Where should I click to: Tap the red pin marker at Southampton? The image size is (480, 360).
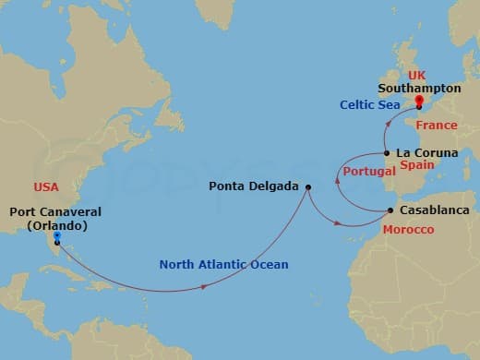(419, 101)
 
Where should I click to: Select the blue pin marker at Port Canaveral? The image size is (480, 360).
(56, 236)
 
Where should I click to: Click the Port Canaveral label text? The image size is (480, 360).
(54, 211)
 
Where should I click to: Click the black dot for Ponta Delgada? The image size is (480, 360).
(308, 187)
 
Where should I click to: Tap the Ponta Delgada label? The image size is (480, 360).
(254, 186)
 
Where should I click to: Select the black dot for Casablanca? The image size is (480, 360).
(390, 211)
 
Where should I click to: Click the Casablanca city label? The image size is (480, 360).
(434, 210)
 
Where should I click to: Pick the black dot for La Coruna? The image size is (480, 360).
(387, 153)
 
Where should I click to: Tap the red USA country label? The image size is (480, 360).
(45, 186)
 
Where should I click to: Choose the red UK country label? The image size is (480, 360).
(418, 73)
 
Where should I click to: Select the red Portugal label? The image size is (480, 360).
(363, 173)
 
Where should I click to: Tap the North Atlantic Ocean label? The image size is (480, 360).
(223, 265)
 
